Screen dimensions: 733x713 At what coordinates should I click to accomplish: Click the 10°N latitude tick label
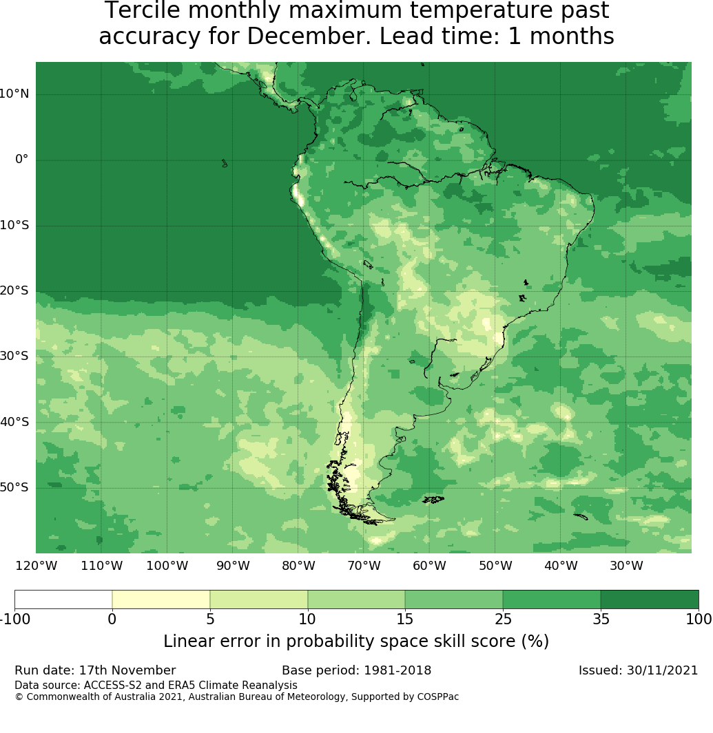coord(14,94)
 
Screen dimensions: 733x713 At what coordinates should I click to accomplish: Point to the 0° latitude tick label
coord(22,159)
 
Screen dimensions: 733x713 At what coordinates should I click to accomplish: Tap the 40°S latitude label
coord(14,422)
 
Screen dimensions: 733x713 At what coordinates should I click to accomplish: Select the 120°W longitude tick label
coord(36,566)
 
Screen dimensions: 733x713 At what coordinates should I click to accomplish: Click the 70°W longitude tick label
coord(364,566)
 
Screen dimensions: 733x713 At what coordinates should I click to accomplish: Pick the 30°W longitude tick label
coord(626,566)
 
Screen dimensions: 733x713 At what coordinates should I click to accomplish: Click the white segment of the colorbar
coord(63,599)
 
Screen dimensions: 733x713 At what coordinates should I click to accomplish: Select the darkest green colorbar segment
coord(650,599)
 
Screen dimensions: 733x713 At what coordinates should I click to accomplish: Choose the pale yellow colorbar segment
coord(161,599)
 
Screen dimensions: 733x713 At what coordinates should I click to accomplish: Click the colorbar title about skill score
coord(356,641)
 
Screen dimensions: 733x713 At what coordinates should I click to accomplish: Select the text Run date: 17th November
coord(95,670)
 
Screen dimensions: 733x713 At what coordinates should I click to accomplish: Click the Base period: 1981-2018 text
coord(356,670)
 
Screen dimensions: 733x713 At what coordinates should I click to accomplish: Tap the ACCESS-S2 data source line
coord(156,686)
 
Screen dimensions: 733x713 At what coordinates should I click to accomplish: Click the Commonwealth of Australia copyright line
coord(236,697)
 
